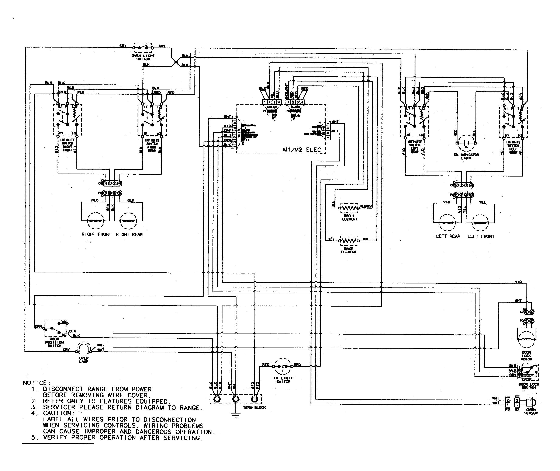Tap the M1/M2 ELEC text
[x=302, y=150]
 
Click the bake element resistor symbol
[x=349, y=241]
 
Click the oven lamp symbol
[x=84, y=349]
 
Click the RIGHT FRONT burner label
[x=96, y=234]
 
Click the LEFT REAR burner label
[x=448, y=236]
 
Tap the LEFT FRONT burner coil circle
[x=480, y=223]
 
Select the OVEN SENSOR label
[x=531, y=411]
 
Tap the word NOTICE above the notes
[x=37, y=383]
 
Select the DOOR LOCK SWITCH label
[x=529, y=386]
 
